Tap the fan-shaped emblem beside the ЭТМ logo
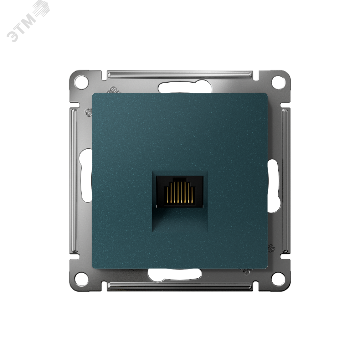tap(41, 9)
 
